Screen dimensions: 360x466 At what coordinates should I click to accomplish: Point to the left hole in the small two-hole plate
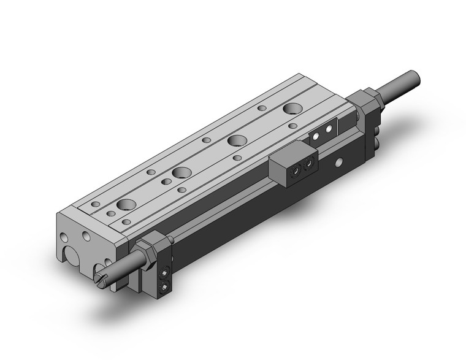coord(318,135)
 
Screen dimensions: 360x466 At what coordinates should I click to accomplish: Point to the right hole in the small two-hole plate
coord(330,129)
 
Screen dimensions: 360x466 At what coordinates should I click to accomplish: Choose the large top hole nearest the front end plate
coord(127,204)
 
